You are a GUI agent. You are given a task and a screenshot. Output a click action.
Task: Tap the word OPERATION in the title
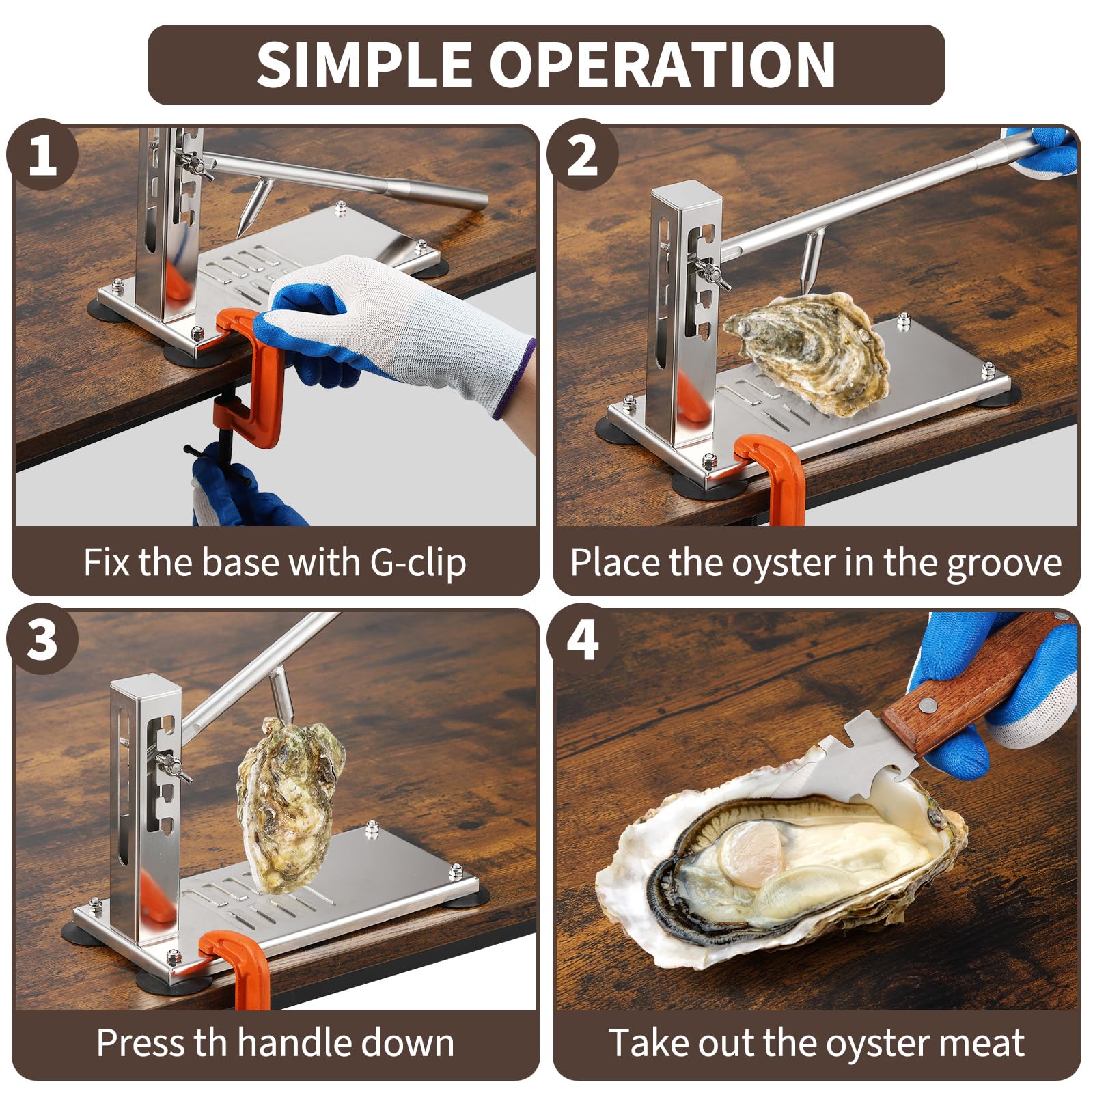tap(661, 64)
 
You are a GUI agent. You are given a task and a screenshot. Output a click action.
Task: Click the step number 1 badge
tap(42, 155)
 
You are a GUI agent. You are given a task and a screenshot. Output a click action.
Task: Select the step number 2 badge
tap(583, 155)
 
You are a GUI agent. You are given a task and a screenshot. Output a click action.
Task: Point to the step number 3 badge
tap(42, 639)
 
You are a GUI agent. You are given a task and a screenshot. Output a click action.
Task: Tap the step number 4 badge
tap(583, 639)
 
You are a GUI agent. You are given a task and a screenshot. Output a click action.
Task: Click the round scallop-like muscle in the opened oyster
tap(751, 853)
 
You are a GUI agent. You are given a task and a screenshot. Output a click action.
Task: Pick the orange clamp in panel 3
tap(236, 967)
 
